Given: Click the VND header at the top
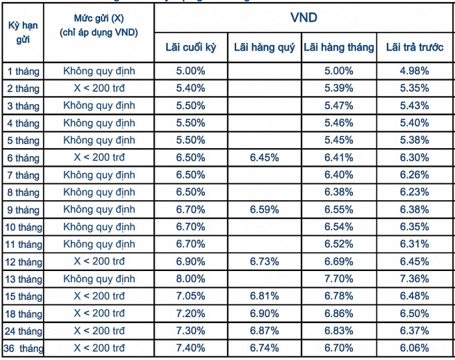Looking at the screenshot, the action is pos(304,18).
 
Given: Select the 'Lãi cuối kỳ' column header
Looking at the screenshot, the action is pos(191,47).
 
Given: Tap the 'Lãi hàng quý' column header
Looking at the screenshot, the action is pos(265,47).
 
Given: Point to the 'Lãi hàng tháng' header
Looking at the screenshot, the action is pos(339,47).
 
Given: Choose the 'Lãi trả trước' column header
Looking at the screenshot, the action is pos(415,47).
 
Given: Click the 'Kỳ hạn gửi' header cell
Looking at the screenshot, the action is pos(23,32).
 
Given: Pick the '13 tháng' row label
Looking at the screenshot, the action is pos(23,279).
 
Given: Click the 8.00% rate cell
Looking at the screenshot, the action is pos(190,279).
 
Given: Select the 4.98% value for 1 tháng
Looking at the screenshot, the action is pos(415,71).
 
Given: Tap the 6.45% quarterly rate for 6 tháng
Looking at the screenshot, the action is pos(265,157).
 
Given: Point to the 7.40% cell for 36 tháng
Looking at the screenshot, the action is pos(190,348).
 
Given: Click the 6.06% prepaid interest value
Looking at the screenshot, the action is pos(415,348).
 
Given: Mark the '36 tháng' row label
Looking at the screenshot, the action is pos(23,348).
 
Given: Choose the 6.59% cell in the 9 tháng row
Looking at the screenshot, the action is pos(265,209).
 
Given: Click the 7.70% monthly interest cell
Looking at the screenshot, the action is pos(339,279).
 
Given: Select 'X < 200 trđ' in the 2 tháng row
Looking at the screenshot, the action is pos(99,88).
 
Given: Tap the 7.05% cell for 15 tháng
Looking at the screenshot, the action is pos(190,296).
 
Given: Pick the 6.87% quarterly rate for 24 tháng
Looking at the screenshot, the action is pos(265,331).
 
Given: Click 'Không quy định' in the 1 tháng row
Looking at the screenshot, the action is pos(99,71).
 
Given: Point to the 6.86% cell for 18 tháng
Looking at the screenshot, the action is pos(339,313).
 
